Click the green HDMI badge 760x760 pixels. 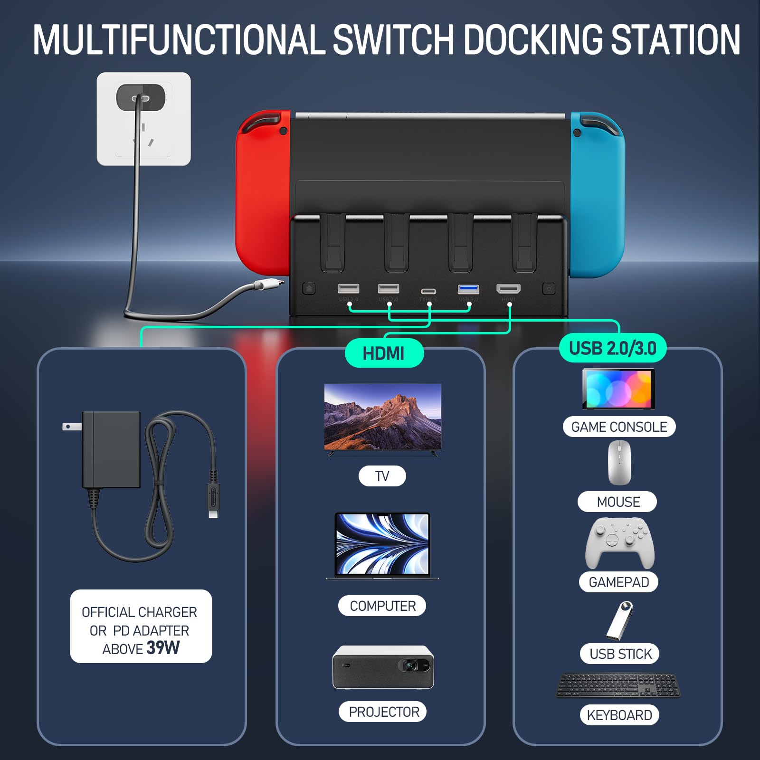383,353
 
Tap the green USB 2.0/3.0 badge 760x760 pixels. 612,348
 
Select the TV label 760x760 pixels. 382,476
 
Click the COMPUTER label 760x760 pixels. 382,606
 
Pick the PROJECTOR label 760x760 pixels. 383,712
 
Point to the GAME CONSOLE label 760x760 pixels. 619,427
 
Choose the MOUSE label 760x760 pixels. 618,502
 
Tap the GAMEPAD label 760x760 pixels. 618,582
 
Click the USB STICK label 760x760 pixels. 620,654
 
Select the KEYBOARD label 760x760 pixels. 619,715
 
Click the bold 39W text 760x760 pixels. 163,647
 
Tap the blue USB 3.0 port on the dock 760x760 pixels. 468,289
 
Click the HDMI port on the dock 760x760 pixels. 508,289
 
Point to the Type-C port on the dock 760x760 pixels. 428,291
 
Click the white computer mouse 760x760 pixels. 619,462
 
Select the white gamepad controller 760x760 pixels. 619,542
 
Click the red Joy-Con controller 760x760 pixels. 263,190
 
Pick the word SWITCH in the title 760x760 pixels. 394,40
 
